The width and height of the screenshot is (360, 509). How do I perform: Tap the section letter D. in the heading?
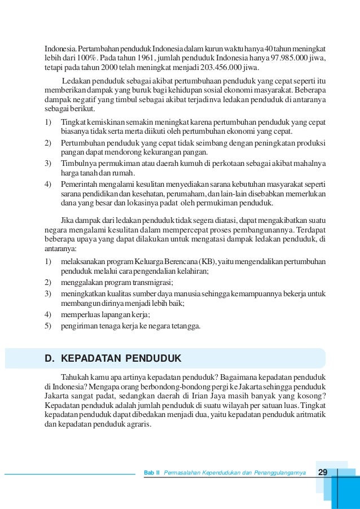(x=50, y=358)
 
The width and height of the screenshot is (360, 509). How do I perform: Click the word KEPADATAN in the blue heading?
(x=91, y=358)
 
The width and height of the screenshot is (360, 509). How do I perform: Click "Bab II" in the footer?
(x=151, y=472)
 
